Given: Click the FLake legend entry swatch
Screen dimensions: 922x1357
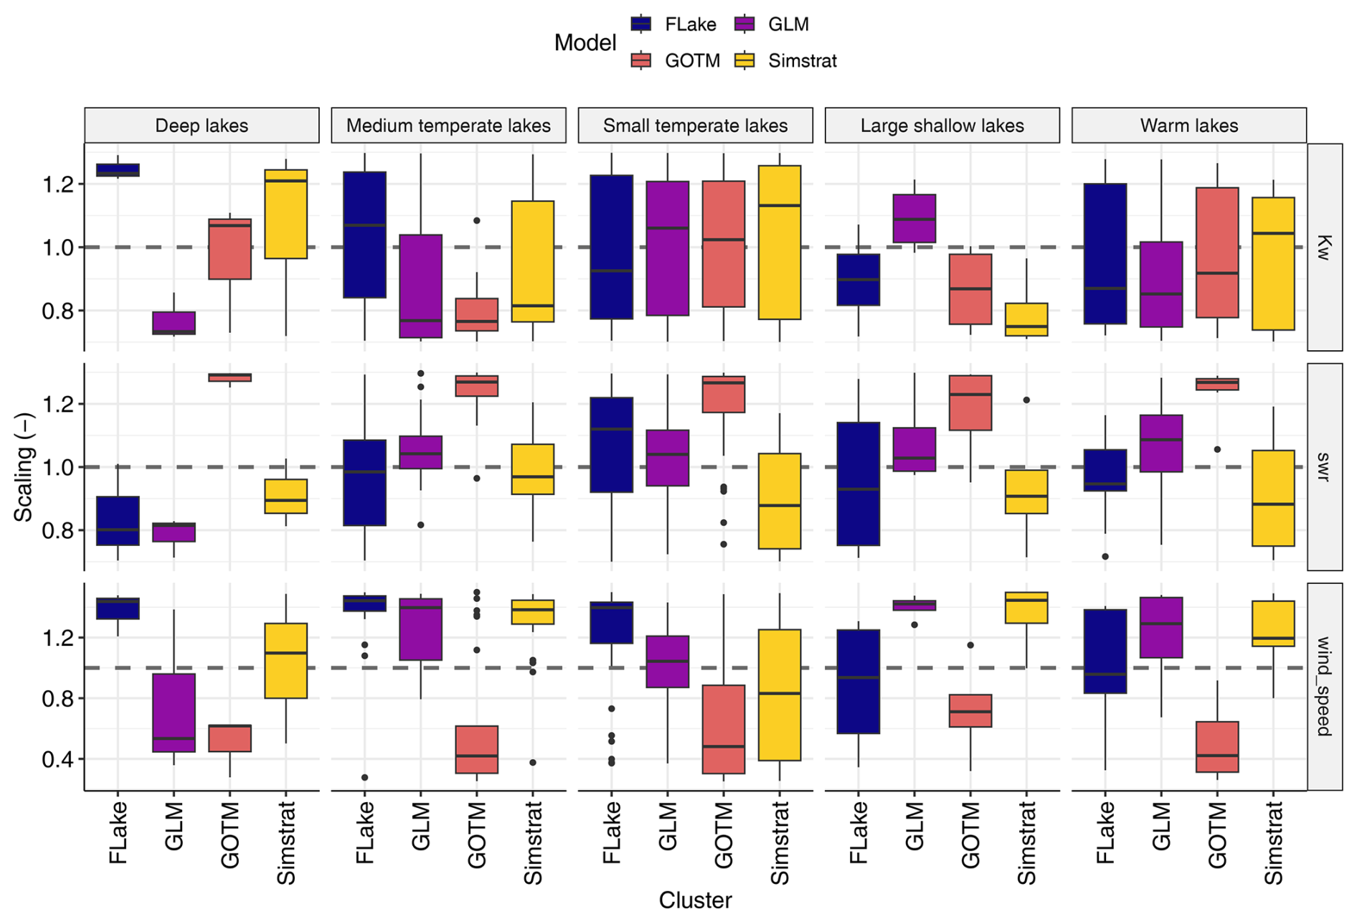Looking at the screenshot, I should point(640,24).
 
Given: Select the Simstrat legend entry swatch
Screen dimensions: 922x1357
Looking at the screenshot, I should point(744,61).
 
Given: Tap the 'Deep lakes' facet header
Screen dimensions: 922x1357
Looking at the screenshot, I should point(202,126).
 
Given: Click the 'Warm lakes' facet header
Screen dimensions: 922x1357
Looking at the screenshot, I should point(1188,126).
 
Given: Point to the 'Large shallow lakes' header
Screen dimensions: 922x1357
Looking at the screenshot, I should point(942,126).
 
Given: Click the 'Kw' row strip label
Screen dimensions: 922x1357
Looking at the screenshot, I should point(1324,247).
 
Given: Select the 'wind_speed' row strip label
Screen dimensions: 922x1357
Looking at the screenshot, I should point(1324,686).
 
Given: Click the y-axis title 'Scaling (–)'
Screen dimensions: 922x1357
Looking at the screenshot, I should point(24,467).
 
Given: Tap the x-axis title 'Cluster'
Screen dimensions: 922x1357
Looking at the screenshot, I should point(695,900).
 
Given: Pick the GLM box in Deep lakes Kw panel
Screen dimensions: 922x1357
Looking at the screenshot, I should point(174,323).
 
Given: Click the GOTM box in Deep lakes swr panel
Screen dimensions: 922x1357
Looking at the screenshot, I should point(230,377).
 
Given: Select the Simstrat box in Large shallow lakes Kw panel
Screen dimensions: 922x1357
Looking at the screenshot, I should point(1026,319).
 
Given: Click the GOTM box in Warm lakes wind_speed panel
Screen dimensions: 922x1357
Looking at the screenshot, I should point(1217,747).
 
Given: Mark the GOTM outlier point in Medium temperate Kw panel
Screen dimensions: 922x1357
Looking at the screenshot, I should point(476,221).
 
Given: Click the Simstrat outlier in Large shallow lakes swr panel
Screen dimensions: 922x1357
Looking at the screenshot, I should point(1026,400).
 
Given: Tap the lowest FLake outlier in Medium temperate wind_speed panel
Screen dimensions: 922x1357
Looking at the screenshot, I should point(364,777).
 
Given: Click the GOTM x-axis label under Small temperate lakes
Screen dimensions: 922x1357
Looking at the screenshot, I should point(724,836).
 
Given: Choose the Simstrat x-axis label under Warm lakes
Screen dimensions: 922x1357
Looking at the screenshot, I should point(1273,843).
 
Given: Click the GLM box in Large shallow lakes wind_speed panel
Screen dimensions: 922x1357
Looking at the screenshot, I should point(914,605).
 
